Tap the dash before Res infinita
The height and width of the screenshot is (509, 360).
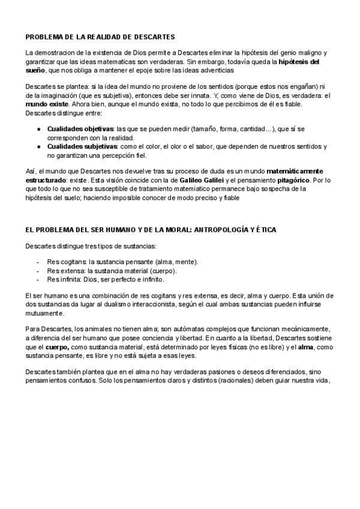point(38,279)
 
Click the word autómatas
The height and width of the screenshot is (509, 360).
point(179,330)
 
